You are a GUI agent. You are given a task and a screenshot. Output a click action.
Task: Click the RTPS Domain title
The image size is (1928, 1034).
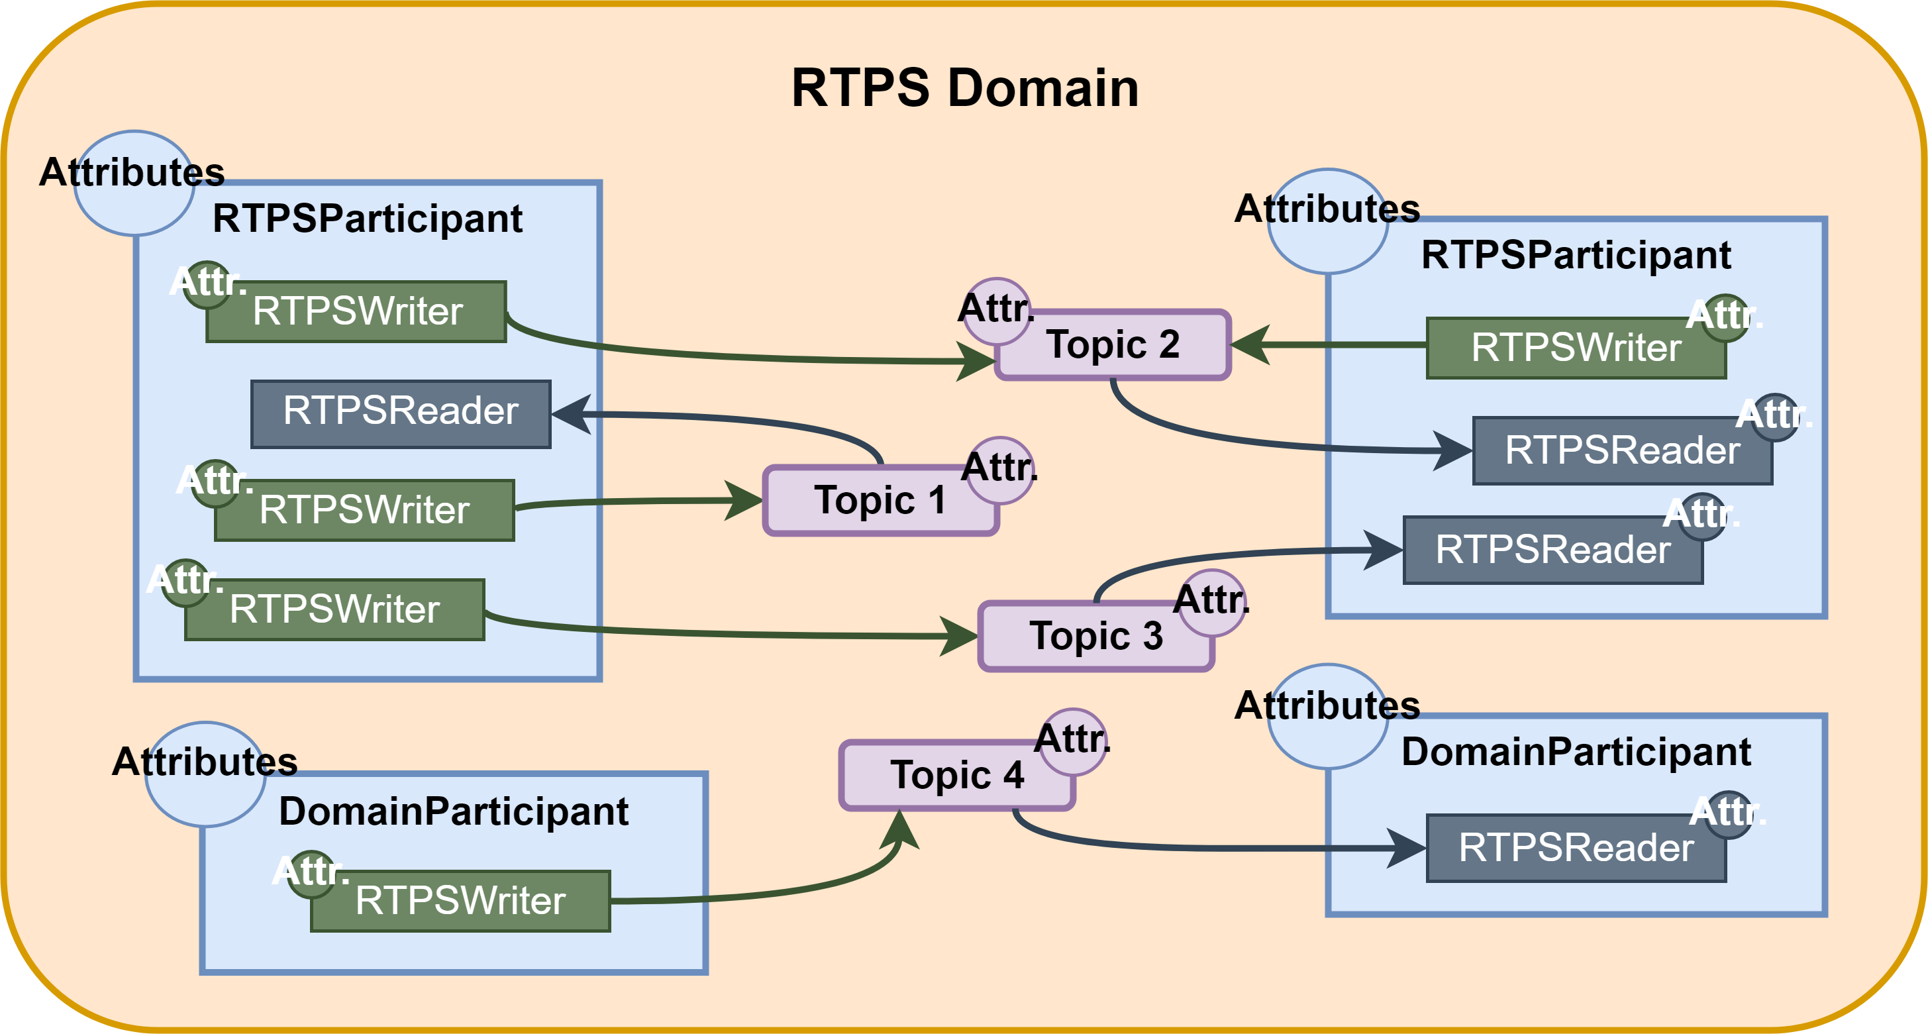pyautogui.click(x=964, y=88)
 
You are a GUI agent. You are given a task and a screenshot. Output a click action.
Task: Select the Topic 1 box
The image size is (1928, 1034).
pyautogui.click(x=880, y=500)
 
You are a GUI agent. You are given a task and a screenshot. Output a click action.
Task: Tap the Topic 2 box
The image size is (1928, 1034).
pyautogui.click(x=1113, y=345)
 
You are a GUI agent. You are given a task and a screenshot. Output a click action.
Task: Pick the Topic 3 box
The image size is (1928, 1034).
pyautogui.click(x=1095, y=637)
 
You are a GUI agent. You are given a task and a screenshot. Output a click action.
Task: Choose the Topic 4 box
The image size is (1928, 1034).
pyautogui.click(x=956, y=776)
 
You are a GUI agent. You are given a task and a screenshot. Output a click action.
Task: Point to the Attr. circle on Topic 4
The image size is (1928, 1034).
pyautogui.click(x=1073, y=741)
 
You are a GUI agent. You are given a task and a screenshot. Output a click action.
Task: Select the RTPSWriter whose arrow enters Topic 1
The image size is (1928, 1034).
pyautogui.click(x=364, y=511)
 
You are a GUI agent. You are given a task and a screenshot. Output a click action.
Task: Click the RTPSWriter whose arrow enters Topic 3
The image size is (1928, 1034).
pyautogui.click(x=334, y=609)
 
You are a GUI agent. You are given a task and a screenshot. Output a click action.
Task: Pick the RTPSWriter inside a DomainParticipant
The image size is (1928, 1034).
pyautogui.click(x=460, y=901)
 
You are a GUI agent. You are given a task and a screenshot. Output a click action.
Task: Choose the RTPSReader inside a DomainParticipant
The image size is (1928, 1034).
pyautogui.click(x=1576, y=849)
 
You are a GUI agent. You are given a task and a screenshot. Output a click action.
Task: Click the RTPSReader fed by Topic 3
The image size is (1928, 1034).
pyautogui.click(x=1552, y=550)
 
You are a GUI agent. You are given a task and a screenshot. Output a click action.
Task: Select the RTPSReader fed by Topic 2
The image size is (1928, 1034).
pyautogui.click(x=1622, y=450)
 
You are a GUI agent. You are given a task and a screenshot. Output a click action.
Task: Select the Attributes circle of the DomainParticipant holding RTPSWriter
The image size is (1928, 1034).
pyautogui.click(x=205, y=774)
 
